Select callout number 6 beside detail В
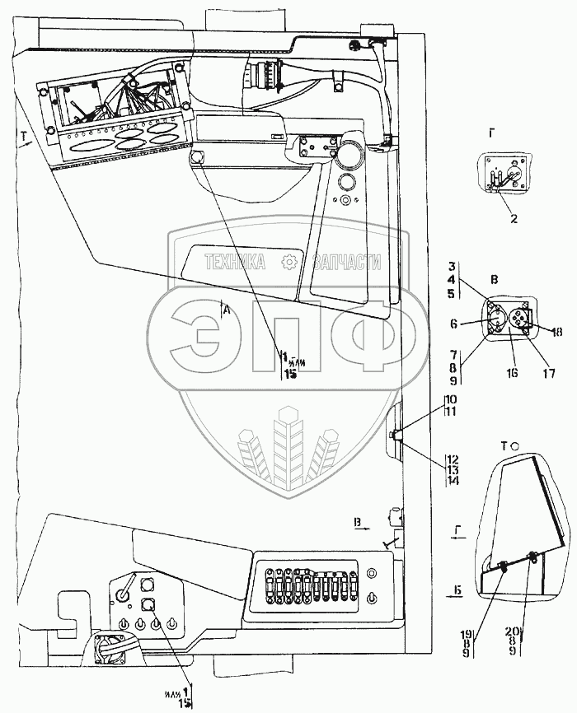[476, 324]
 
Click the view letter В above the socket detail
[494, 280]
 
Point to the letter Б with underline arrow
[455, 590]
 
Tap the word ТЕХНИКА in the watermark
[235, 263]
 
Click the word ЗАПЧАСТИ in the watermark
[347, 263]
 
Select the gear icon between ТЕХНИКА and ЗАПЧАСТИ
[289, 263]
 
